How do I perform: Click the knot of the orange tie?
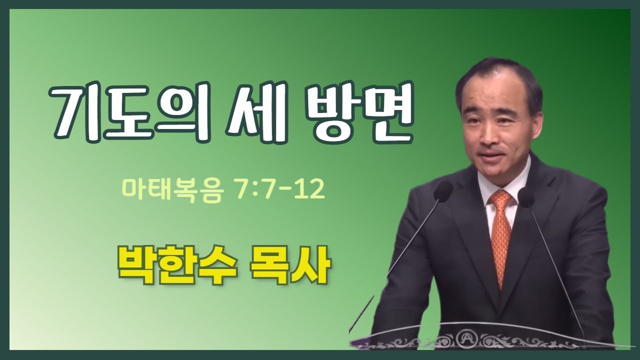(500, 200)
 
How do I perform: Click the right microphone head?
(526, 196)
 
